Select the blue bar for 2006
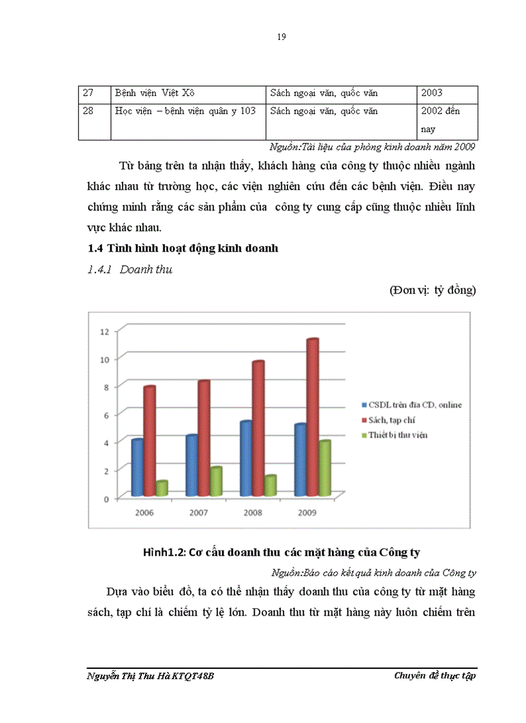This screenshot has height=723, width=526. click(137, 467)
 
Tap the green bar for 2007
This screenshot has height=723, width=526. click(216, 482)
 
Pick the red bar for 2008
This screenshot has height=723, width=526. click(258, 428)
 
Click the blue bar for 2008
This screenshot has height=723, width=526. click(246, 458)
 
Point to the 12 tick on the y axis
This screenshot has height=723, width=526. click(104, 331)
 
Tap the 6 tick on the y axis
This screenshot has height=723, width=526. click(106, 415)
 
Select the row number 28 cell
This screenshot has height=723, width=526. click(89, 111)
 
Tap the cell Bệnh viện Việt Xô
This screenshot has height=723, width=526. click(150, 93)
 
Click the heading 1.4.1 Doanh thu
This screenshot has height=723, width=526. click(130, 270)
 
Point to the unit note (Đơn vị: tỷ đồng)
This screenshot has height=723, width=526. click(433, 291)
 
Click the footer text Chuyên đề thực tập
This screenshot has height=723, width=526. click(435, 675)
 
